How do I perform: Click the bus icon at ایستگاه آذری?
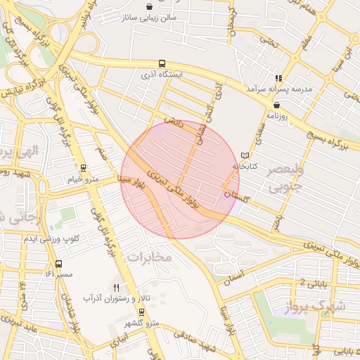162,63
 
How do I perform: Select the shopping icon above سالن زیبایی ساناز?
150,6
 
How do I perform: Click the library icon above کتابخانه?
245,155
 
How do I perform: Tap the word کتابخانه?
245,166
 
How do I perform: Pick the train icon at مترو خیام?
84,168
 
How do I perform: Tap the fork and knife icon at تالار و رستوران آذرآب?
117,288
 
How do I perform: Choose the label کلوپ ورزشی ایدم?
51,239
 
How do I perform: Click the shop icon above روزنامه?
276,105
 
